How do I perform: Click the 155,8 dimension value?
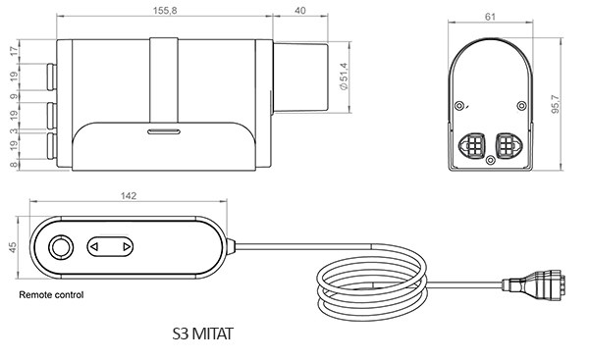(165, 11)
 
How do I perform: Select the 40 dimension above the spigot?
(300, 11)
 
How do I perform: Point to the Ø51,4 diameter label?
(344, 77)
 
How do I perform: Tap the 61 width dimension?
(490, 17)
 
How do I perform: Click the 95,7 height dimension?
(556, 104)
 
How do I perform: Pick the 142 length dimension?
(129, 196)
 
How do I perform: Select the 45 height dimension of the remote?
(13, 247)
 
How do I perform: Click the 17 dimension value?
(14, 51)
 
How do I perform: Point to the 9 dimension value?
(14, 96)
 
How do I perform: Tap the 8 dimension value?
(14, 165)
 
